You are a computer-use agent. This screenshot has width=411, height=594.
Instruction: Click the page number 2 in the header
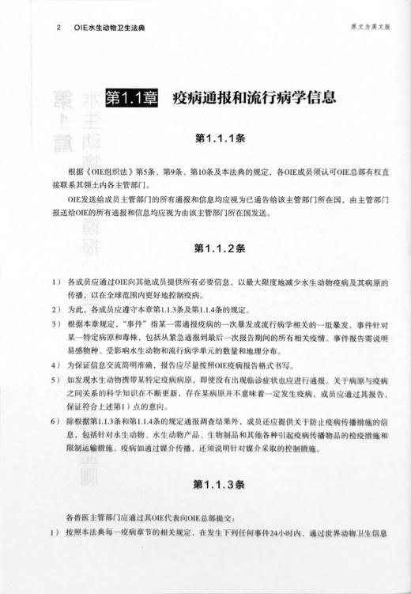(x=60, y=27)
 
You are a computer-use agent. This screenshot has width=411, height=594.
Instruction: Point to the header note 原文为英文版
(x=371, y=26)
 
